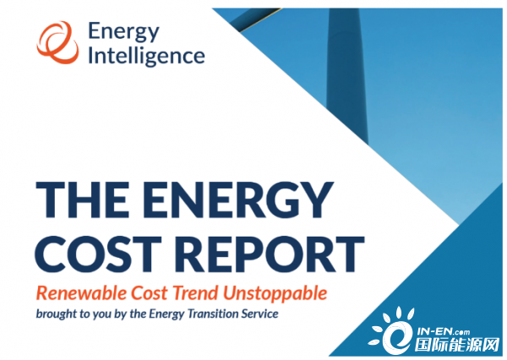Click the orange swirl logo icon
pyautogui.click(x=57, y=42)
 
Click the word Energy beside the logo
pyautogui.click(x=124, y=32)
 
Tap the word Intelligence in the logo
pyautogui.click(x=146, y=56)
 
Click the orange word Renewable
pyautogui.click(x=81, y=293)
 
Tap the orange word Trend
pyautogui.click(x=196, y=293)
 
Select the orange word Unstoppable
pyautogui.click(x=275, y=294)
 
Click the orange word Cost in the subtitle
pyautogui.click(x=150, y=293)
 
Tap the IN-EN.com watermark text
pyautogui.click(x=444, y=331)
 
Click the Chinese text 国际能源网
pyautogui.click(x=457, y=346)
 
